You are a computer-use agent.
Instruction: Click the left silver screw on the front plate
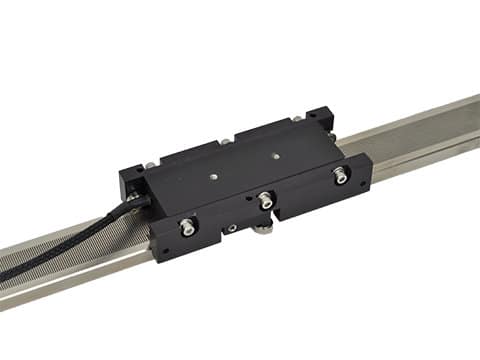point(187,228)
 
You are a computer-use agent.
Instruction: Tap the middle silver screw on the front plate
point(265,201)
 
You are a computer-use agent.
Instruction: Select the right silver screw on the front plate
point(341,176)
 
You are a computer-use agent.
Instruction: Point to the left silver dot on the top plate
point(214,177)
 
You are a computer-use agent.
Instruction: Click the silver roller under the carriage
point(262,230)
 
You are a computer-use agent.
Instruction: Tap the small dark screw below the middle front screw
point(232,229)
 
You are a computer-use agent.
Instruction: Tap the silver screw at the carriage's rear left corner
point(149,164)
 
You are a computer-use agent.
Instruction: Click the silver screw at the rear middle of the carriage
point(226,141)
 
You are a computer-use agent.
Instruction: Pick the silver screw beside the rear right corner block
point(297,120)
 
